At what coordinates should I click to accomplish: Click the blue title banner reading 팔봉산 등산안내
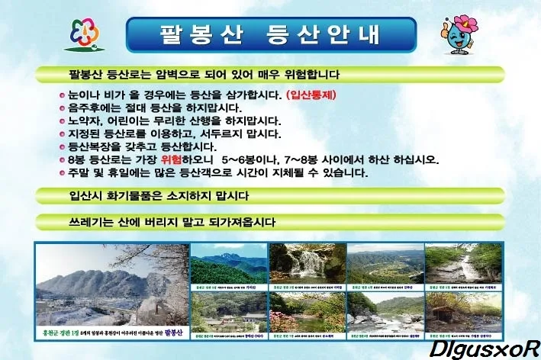(270, 34)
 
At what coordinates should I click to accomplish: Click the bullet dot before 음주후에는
(62, 109)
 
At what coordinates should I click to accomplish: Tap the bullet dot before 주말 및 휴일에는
(62, 174)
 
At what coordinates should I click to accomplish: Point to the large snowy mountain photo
(111, 287)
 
